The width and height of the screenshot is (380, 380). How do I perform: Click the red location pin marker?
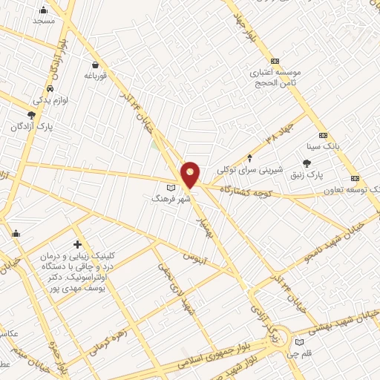point(191,174)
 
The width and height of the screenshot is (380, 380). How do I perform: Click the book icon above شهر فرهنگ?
point(171,186)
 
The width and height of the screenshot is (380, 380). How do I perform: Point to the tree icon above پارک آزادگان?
point(30,115)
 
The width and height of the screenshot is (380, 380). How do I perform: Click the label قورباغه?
point(96,75)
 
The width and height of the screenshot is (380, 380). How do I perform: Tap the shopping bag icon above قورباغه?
point(96,64)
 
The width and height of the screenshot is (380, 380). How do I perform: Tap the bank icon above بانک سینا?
point(322,135)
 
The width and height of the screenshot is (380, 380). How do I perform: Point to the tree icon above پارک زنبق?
point(307,163)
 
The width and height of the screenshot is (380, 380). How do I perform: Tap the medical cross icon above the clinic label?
point(77,244)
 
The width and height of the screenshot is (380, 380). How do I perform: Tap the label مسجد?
point(44,21)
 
